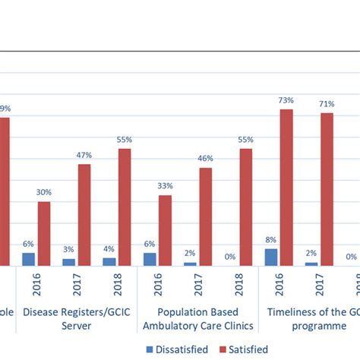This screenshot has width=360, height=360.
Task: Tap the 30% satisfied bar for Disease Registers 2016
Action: (x=44, y=233)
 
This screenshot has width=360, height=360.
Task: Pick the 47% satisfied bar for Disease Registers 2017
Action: (x=84, y=215)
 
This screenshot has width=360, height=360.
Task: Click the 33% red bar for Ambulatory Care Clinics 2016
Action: (x=165, y=230)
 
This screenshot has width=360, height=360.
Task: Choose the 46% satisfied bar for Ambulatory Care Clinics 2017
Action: (x=205, y=216)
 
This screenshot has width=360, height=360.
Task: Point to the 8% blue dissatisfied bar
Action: (x=271, y=257)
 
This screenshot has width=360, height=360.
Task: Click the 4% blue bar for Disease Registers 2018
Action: (x=109, y=261)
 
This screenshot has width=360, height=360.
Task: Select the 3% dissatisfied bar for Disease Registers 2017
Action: (x=69, y=262)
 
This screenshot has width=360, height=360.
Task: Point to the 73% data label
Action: (x=286, y=100)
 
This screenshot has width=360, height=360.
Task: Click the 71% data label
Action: (x=327, y=104)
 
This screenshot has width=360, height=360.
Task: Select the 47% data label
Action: (x=84, y=155)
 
